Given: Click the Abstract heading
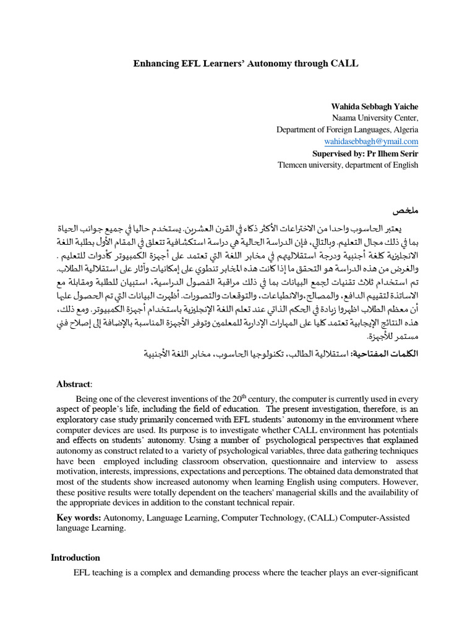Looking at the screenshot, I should click(74, 384).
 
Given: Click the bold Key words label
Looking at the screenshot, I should click(77, 517).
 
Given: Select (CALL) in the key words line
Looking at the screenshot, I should click(325, 517).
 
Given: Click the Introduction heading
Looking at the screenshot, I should click(75, 558).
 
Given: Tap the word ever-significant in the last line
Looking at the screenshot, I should click(390, 573).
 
